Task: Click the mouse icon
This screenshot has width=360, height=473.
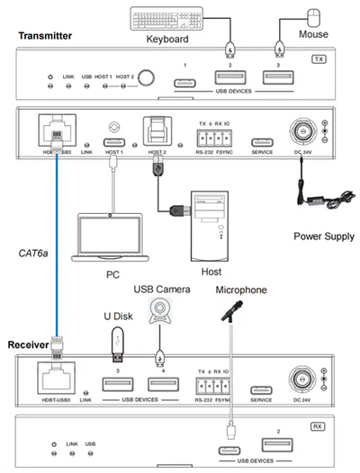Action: point(314,15)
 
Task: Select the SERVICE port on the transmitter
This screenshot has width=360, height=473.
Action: point(261,141)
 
